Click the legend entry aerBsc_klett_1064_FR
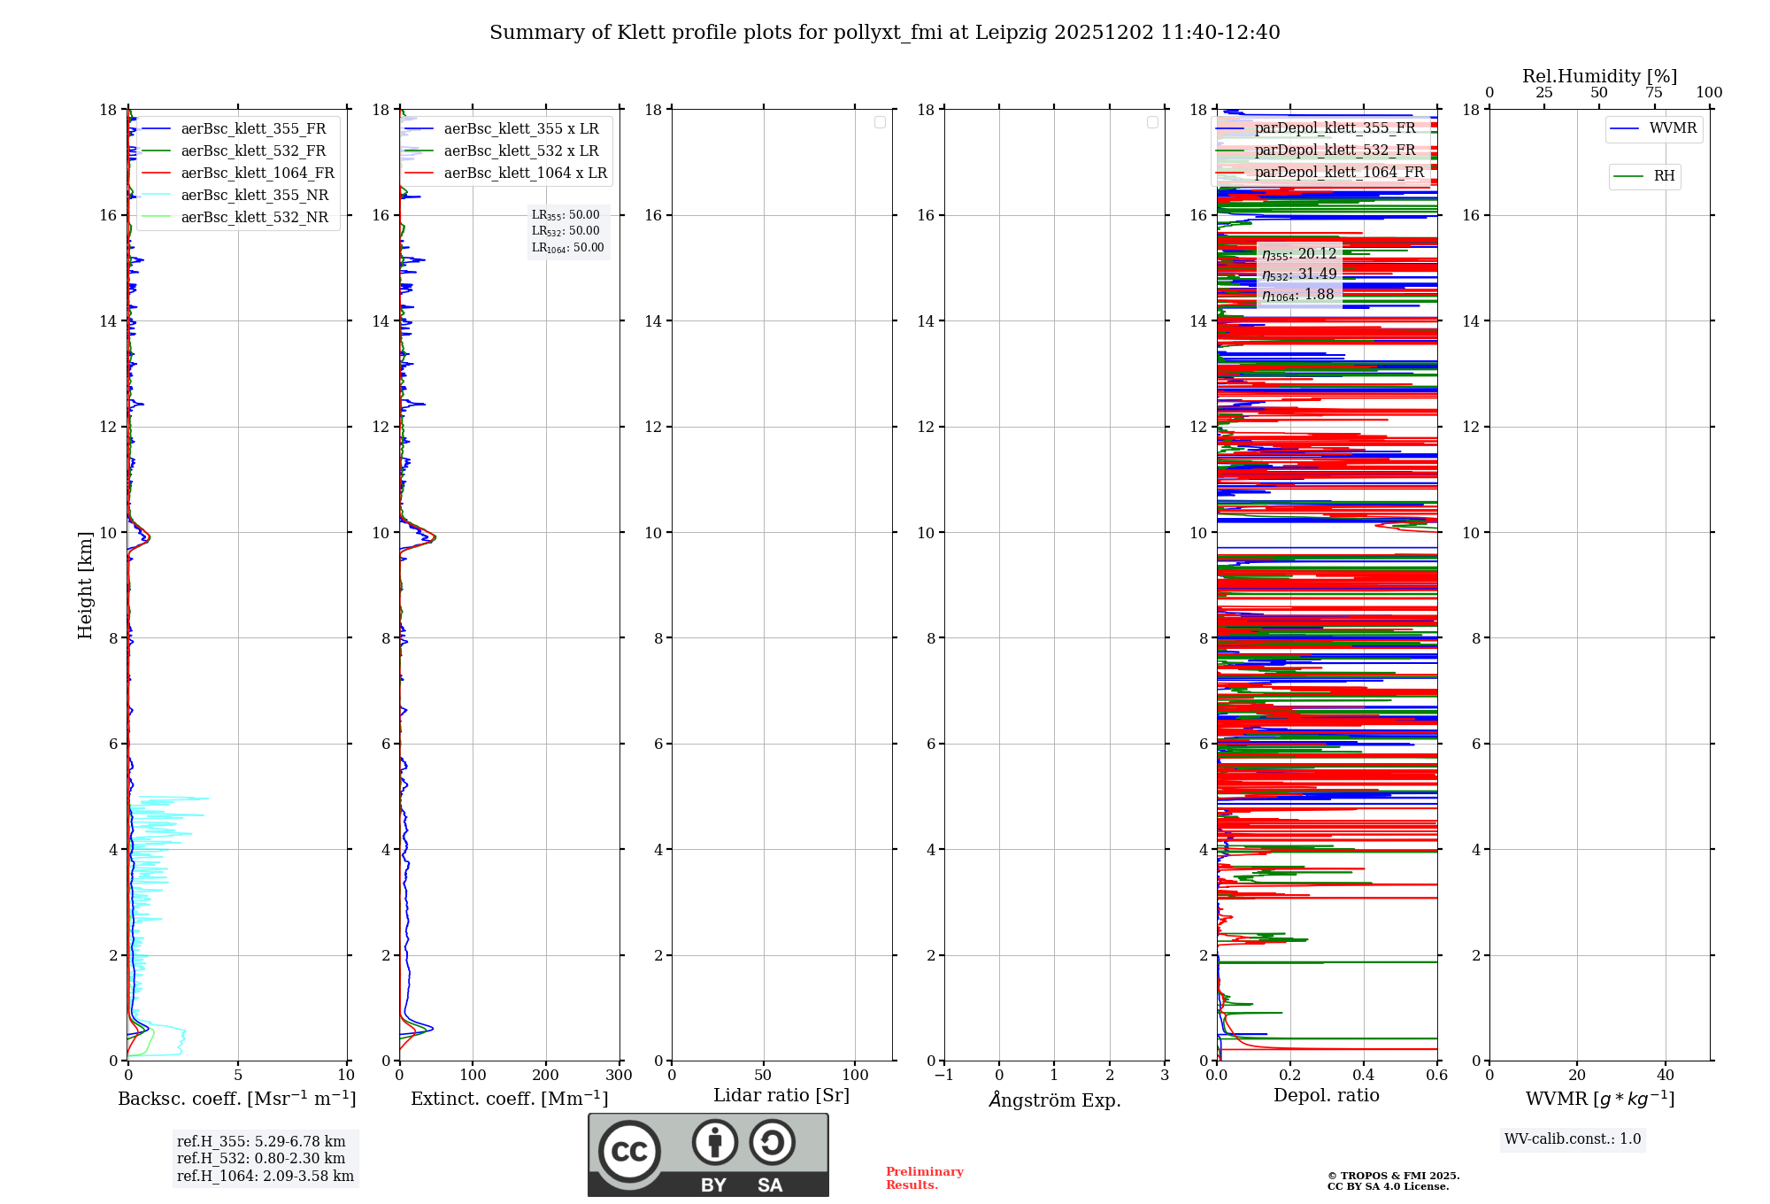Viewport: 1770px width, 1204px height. [x=257, y=173]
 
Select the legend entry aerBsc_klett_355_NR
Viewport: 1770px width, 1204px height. [x=254, y=195]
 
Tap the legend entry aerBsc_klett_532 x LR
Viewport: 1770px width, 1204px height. [x=520, y=150]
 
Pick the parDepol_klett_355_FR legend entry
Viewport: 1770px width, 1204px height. [x=1334, y=127]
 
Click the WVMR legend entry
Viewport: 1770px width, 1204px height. [x=1672, y=128]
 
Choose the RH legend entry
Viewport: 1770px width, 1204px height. [x=1663, y=176]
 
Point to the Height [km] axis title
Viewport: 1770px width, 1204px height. [x=85, y=584]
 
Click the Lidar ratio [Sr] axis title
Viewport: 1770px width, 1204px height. [x=781, y=1095]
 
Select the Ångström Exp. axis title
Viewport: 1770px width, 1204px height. [x=1054, y=1100]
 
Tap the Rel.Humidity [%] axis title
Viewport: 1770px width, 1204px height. [x=1599, y=76]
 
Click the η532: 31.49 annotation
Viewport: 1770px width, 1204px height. [x=1298, y=274]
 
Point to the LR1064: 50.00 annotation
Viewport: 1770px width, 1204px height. [x=567, y=248]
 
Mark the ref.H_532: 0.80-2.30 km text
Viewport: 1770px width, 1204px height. [x=260, y=1158]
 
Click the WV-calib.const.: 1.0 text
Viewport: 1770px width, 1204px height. [x=1572, y=1138]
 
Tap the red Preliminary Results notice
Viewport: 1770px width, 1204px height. [x=924, y=1177]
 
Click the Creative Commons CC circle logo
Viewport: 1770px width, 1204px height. [x=629, y=1151]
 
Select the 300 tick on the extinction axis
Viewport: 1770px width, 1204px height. [x=619, y=1075]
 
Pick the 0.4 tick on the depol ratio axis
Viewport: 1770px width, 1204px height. [x=1363, y=1075]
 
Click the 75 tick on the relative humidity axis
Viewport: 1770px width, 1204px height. [x=1653, y=92]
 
